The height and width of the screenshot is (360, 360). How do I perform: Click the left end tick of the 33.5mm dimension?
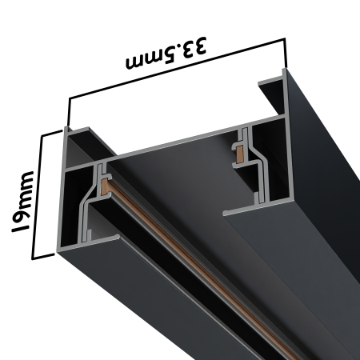click(x=70, y=113)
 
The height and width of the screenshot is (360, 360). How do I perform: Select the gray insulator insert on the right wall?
click(x=242, y=152)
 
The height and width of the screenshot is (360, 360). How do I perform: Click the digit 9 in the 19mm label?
click(x=22, y=214)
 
